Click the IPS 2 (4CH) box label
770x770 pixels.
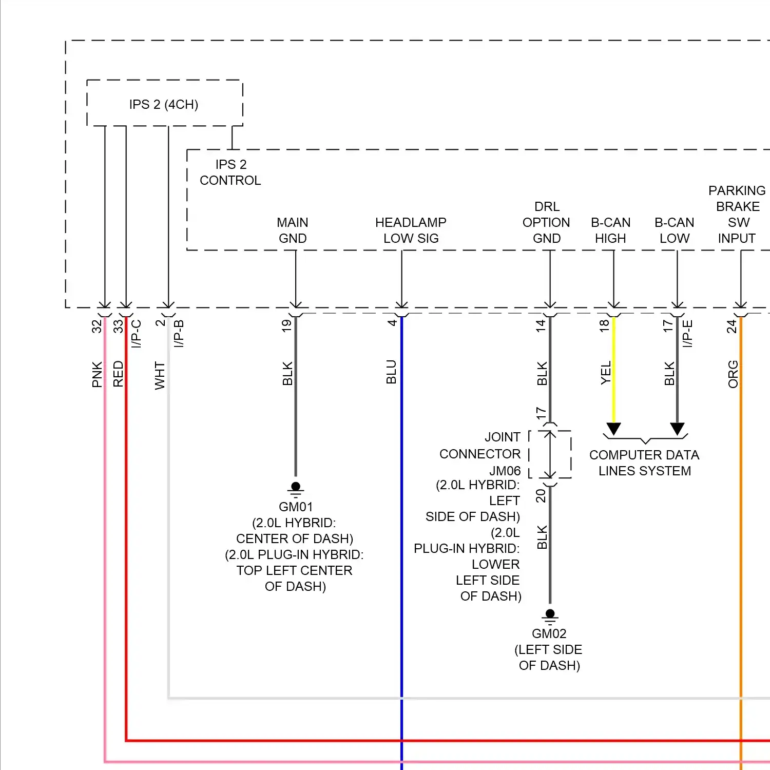pyautogui.click(x=164, y=105)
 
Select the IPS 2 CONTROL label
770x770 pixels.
pyautogui.click(x=230, y=172)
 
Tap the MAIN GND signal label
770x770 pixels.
pyautogui.click(x=293, y=230)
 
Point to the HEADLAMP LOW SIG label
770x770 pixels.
pyautogui.click(x=411, y=230)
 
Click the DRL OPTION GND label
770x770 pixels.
pyautogui.click(x=546, y=222)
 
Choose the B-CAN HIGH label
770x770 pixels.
pyautogui.click(x=610, y=230)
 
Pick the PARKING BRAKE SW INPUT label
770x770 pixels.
pyautogui.click(x=737, y=215)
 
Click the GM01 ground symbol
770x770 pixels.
pyautogui.click(x=296, y=489)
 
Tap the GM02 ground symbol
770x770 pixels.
pyautogui.click(x=550, y=616)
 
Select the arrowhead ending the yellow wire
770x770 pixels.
pyautogui.click(x=613, y=429)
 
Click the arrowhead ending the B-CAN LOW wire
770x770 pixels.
pyautogui.click(x=677, y=429)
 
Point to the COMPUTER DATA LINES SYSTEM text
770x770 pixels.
pyautogui.click(x=644, y=463)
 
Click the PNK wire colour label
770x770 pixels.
pyautogui.click(x=97, y=374)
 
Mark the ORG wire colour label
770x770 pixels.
pyautogui.click(x=733, y=374)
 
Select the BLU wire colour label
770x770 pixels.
pyautogui.click(x=391, y=372)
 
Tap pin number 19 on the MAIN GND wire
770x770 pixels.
pyautogui.click(x=286, y=325)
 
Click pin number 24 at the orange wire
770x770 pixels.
pyautogui.click(x=731, y=326)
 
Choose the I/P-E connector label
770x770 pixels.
pyautogui.click(x=688, y=334)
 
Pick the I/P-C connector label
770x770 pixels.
pyautogui.click(x=136, y=334)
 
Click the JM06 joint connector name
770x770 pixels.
pyautogui.click(x=505, y=471)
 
